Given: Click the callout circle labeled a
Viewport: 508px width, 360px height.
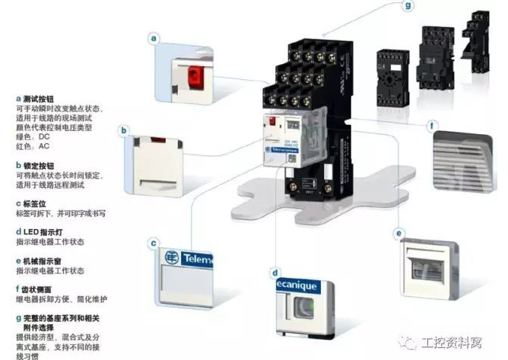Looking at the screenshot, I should click(155, 37).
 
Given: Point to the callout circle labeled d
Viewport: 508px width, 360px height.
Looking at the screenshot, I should click(275, 271).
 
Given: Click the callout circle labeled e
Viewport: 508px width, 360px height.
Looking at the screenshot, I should click(398, 232).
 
